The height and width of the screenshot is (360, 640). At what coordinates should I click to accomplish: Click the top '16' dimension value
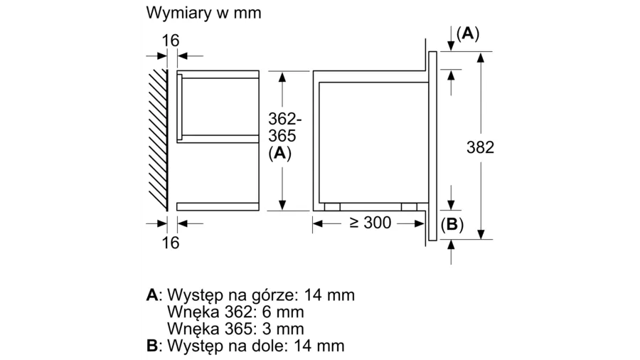(x=170, y=41)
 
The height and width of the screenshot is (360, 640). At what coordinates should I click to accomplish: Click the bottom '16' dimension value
(x=170, y=243)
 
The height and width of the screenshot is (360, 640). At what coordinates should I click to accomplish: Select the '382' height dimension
(x=480, y=148)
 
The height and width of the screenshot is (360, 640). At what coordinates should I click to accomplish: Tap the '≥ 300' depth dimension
(x=370, y=223)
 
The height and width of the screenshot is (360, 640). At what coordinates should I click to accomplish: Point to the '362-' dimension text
(x=282, y=118)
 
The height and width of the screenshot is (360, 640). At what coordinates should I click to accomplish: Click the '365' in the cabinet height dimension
(x=282, y=135)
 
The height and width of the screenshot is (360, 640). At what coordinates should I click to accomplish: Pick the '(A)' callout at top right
(x=468, y=33)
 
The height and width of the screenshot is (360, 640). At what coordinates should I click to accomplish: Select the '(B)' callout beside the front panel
(x=452, y=226)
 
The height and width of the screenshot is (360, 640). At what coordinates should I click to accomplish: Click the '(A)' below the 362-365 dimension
(x=282, y=152)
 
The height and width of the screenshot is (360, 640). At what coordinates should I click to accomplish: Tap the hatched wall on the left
(x=158, y=138)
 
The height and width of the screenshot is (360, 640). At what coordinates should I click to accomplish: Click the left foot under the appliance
(x=331, y=207)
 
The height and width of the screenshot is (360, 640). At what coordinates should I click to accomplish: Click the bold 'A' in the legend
(x=151, y=295)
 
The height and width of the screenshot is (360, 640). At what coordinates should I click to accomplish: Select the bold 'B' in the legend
(x=151, y=346)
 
